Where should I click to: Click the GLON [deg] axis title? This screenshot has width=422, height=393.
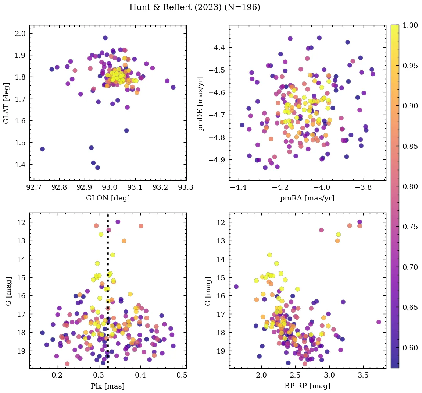pyautogui.click(x=108, y=198)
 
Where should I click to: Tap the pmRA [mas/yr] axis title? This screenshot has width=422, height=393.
pyautogui.click(x=307, y=198)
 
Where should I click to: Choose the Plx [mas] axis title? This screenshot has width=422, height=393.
pyautogui.click(x=108, y=386)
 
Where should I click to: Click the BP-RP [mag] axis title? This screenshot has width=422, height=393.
pyautogui.click(x=307, y=386)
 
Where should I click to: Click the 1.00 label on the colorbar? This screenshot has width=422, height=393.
pyautogui.click(x=410, y=25)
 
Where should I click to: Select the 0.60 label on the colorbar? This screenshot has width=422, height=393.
pyautogui.click(x=410, y=348)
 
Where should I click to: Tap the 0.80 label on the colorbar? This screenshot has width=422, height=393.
pyautogui.click(x=410, y=186)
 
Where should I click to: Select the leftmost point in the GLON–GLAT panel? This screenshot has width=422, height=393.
pyautogui.click(x=42, y=149)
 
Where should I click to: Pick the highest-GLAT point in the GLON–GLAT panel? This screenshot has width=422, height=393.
pyautogui.click(x=105, y=38)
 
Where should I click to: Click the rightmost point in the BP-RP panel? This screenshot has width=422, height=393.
pyautogui.click(x=379, y=322)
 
